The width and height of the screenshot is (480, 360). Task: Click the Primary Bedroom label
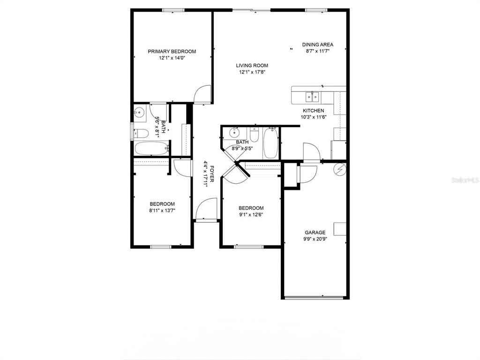click(x=172, y=52)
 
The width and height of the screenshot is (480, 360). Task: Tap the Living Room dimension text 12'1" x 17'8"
click(x=252, y=72)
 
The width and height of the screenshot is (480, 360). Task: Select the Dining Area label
click(x=318, y=45)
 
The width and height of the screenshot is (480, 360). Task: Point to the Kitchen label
click(x=314, y=111)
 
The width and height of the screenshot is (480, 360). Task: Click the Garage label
click(x=315, y=232)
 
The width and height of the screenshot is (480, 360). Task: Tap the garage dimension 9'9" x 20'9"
click(x=315, y=239)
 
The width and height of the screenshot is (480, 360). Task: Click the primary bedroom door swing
click(x=202, y=94)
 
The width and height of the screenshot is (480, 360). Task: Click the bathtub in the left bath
click(x=152, y=149)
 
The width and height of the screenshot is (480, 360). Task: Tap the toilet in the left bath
click(x=142, y=133)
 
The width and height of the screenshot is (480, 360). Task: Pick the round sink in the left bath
click(x=140, y=112)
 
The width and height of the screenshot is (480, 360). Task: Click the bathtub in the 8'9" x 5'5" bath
click(x=270, y=143)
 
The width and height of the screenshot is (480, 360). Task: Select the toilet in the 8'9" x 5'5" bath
click(x=254, y=134)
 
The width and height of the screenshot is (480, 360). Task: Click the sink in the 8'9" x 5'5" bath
click(x=235, y=133)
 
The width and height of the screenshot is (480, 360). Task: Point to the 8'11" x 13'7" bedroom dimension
click(x=162, y=210)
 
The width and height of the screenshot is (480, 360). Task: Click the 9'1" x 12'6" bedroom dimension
click(x=251, y=214)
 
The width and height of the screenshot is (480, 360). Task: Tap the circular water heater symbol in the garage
click(x=340, y=170)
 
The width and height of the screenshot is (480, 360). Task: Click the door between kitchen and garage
click(x=311, y=152)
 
